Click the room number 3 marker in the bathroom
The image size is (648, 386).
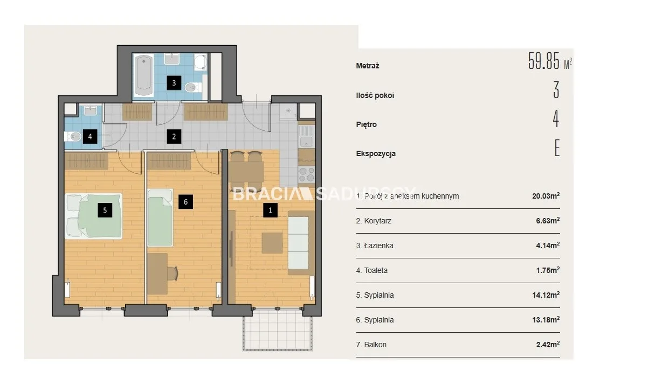[174, 83]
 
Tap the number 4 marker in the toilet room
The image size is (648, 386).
[90, 136]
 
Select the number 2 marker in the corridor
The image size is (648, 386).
[174, 136]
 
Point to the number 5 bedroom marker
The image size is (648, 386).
[105, 210]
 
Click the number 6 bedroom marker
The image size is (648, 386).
[185, 202]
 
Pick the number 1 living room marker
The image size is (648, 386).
[270, 210]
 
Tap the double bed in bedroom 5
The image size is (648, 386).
[93, 216]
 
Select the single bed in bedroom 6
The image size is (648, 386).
[160, 217]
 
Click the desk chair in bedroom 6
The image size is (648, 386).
[173, 273]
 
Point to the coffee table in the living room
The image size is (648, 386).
[272, 243]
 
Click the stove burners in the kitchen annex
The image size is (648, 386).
[306, 174]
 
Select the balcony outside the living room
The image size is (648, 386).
[278, 329]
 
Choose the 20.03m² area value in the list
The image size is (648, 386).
[546, 196]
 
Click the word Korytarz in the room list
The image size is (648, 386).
[377, 221]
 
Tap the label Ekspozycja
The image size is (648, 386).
[376, 154]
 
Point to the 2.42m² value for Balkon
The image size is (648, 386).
[548, 345]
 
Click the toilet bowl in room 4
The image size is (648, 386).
[73, 136]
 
